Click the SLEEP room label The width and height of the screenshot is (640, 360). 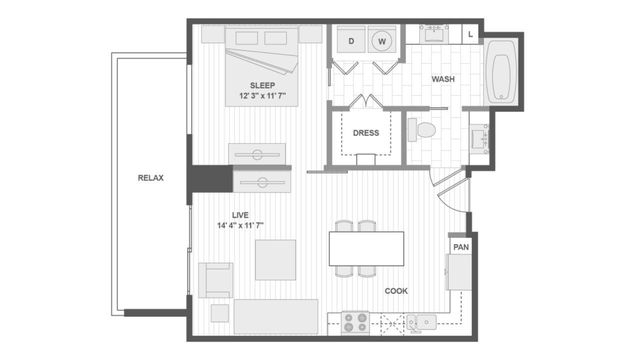(262, 85)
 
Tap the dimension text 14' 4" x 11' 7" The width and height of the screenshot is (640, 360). (240, 225)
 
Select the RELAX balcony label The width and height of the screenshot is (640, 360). (151, 178)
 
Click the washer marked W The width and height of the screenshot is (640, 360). (382, 40)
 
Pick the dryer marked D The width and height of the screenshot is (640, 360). (351, 40)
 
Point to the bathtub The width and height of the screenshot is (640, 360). (501, 73)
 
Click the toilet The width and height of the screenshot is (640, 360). (422, 130)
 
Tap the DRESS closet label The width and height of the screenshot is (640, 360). (366, 133)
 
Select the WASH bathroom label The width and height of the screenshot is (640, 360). (443, 79)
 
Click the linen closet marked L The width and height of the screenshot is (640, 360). (471, 35)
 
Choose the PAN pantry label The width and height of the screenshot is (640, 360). (461, 247)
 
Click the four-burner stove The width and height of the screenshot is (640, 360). (356, 323)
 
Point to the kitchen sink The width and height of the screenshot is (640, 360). (422, 322)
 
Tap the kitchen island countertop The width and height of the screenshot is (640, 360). (367, 249)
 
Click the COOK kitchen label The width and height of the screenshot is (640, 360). (396, 291)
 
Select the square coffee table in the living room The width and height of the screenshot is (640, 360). (276, 260)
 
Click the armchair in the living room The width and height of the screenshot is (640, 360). (216, 280)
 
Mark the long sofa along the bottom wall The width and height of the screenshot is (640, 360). (276, 316)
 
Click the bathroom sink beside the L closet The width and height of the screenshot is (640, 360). (434, 34)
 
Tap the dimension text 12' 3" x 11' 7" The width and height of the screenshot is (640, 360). (262, 96)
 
